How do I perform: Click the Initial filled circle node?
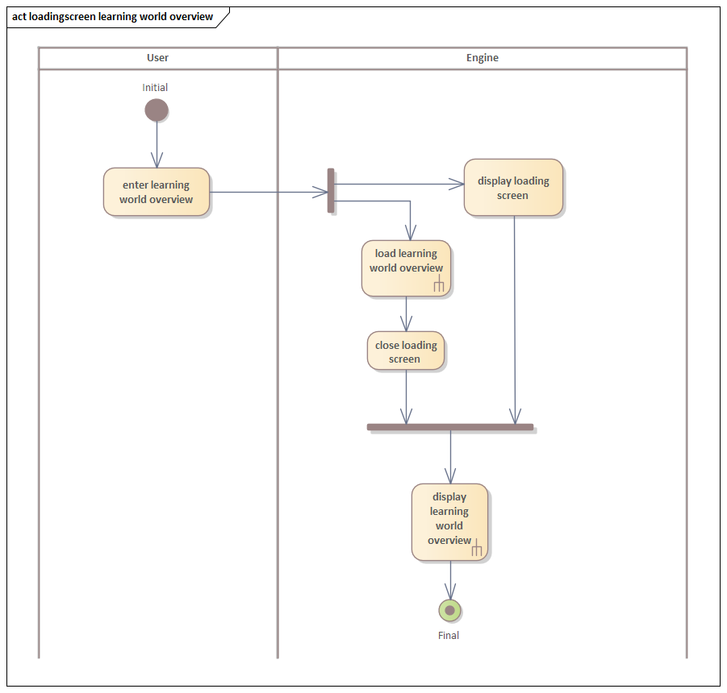pyautogui.click(x=157, y=110)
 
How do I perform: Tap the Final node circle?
pyautogui.click(x=449, y=610)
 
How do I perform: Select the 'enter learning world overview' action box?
pyautogui.click(x=157, y=192)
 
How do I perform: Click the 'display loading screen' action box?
pyautogui.click(x=513, y=188)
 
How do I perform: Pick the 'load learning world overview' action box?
pyautogui.click(x=406, y=268)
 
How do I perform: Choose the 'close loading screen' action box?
pyautogui.click(x=405, y=351)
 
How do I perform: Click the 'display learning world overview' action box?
pyautogui.click(x=449, y=521)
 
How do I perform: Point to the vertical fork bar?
pyautogui.click(x=331, y=191)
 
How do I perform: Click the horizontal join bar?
pyautogui.click(x=450, y=427)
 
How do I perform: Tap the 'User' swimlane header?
pyautogui.click(x=158, y=58)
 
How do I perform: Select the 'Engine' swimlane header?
pyautogui.click(x=483, y=58)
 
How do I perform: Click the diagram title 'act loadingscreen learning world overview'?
pyautogui.click(x=113, y=17)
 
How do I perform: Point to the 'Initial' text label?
pyautogui.click(x=155, y=88)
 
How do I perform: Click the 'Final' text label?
pyautogui.click(x=449, y=636)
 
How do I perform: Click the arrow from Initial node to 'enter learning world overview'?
pyautogui.click(x=157, y=145)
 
